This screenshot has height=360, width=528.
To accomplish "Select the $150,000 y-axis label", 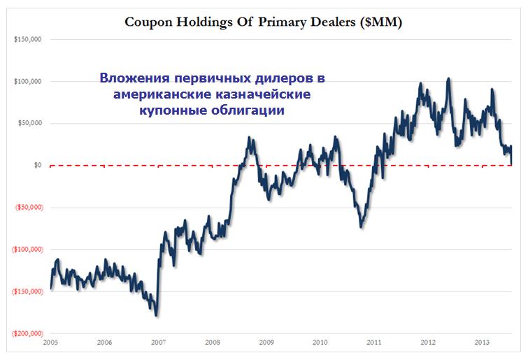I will pos(29,40).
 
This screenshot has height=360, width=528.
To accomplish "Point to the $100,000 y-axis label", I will pos(29,82).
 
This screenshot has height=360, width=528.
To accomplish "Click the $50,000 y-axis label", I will pos(30,124).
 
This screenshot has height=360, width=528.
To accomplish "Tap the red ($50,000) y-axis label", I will pos(27,208).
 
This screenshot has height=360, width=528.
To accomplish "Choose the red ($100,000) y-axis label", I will pos(26,250).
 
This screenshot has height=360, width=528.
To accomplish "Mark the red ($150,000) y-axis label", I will pos(26,291).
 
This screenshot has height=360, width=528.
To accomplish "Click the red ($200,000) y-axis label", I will pos(26,333).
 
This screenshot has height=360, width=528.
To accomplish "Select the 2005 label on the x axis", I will pos(50,343).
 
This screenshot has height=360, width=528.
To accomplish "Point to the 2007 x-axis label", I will pos(158,343).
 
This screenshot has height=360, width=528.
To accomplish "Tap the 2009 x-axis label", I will pos(266,343).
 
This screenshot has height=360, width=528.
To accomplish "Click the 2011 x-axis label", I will pos(374,343).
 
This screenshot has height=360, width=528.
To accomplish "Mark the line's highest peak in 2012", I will pos(448,78).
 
